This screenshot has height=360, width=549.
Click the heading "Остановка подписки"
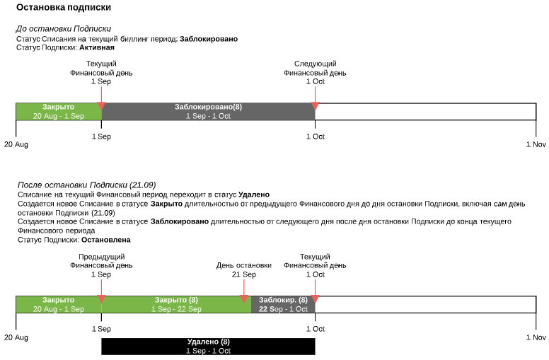(63, 8)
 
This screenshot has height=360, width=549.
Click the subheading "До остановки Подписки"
(63, 29)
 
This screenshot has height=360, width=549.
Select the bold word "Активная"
(97, 47)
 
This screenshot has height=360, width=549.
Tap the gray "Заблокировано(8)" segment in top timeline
(208, 111)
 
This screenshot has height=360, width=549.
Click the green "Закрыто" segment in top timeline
(58, 111)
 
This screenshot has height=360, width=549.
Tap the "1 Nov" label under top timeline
(536, 144)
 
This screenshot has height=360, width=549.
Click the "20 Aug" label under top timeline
(16, 144)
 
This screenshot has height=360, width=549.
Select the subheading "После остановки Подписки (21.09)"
(86, 185)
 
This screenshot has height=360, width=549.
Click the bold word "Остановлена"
(105, 240)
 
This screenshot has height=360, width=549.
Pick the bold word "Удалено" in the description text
(254, 194)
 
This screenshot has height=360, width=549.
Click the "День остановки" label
(243, 265)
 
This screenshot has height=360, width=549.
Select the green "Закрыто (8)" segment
(176, 304)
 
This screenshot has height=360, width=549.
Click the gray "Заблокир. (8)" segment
(283, 304)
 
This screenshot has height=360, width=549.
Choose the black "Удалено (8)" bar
(208, 346)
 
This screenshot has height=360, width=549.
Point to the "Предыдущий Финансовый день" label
(101, 260)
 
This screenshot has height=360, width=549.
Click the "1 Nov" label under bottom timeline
(536, 337)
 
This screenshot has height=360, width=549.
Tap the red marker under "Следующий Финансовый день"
(315, 106)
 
